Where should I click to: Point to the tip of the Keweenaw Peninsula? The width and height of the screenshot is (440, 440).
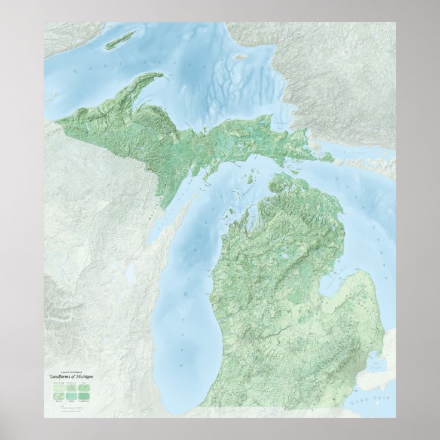pyautogui.click(x=161, y=74)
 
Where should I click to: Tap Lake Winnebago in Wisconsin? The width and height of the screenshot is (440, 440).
pyautogui.click(x=129, y=273)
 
